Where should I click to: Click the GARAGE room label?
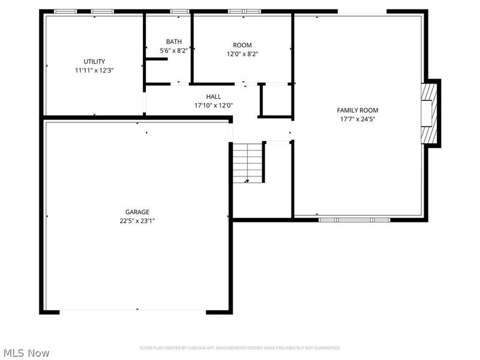coord(137,212)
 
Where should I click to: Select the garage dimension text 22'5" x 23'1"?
coord(137,220)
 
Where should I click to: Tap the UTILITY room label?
coord(94,61)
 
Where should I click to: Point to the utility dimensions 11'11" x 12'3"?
coord(94,70)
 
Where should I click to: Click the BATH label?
coord(173,41)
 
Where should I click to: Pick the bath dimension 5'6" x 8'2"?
coord(173,50)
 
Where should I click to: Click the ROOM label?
coord(242,45)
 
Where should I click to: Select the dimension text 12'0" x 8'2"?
coord(242,54)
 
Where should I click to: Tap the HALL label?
coord(213,97)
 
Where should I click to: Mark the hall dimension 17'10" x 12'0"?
coord(213,106)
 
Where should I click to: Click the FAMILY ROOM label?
coord(357,110)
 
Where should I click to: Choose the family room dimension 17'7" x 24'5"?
coord(357,119)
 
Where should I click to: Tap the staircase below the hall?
coord(248,162)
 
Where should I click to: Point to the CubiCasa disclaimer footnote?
coord(240,348)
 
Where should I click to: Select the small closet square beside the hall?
coord(275,100)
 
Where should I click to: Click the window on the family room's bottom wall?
coord(354,220)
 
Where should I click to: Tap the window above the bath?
coord(179,11)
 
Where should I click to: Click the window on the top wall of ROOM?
coord(245,11)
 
